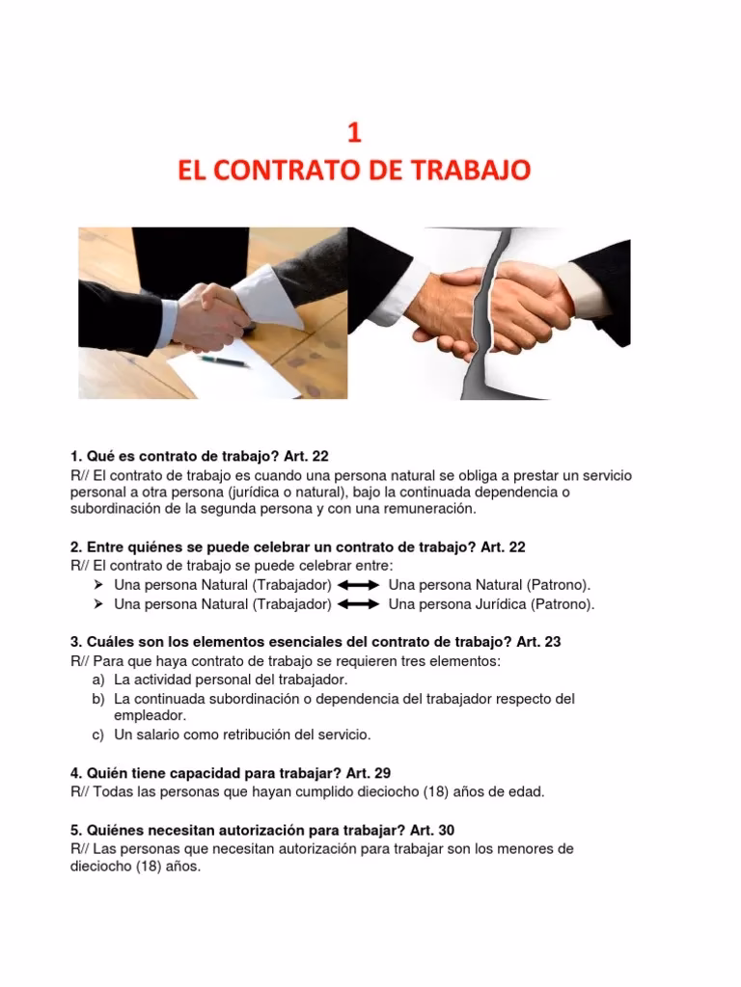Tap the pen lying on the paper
[226, 360]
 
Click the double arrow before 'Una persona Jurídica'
[360, 604]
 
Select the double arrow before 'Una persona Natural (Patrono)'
[360, 585]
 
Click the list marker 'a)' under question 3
[97, 680]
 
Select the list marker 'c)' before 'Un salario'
[97, 734]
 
